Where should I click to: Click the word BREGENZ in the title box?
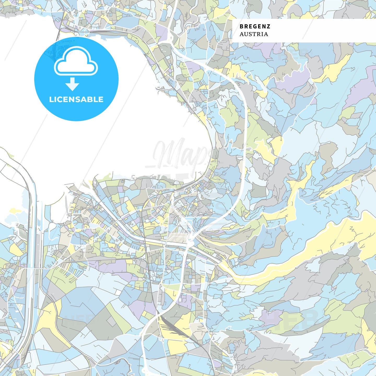click(x=255, y=26)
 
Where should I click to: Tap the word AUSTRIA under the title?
click(x=254, y=34)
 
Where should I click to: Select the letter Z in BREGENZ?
click(x=268, y=26)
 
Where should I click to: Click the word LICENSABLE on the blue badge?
click(x=76, y=99)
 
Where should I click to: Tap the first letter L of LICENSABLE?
click(x=51, y=99)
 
